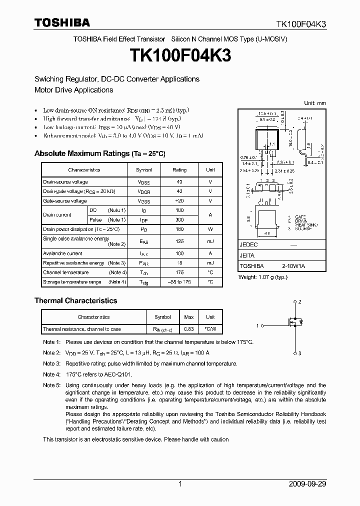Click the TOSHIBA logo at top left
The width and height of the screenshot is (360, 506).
[x=62, y=22]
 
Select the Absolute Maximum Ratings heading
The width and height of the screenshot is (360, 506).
[x=99, y=153]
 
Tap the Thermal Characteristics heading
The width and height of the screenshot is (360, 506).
[x=75, y=300]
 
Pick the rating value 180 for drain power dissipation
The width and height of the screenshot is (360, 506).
[x=179, y=229]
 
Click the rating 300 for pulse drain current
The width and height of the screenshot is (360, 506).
[x=179, y=219]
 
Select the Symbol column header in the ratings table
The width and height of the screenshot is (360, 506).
[x=144, y=170]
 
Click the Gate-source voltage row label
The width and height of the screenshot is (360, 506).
[x=65, y=201]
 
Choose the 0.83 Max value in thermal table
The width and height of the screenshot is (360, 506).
[x=189, y=329]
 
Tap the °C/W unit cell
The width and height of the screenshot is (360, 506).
[x=210, y=329]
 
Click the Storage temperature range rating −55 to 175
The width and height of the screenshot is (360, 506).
[x=179, y=282]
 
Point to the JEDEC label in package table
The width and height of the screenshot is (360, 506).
[x=248, y=245]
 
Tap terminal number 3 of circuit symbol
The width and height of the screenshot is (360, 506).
[x=299, y=353]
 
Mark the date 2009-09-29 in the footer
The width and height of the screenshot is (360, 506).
[x=307, y=484]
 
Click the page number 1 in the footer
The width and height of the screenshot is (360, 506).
[x=180, y=484]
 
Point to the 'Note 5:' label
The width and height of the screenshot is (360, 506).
[x=51, y=385]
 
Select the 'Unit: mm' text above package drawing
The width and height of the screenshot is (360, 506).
[x=315, y=103]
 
